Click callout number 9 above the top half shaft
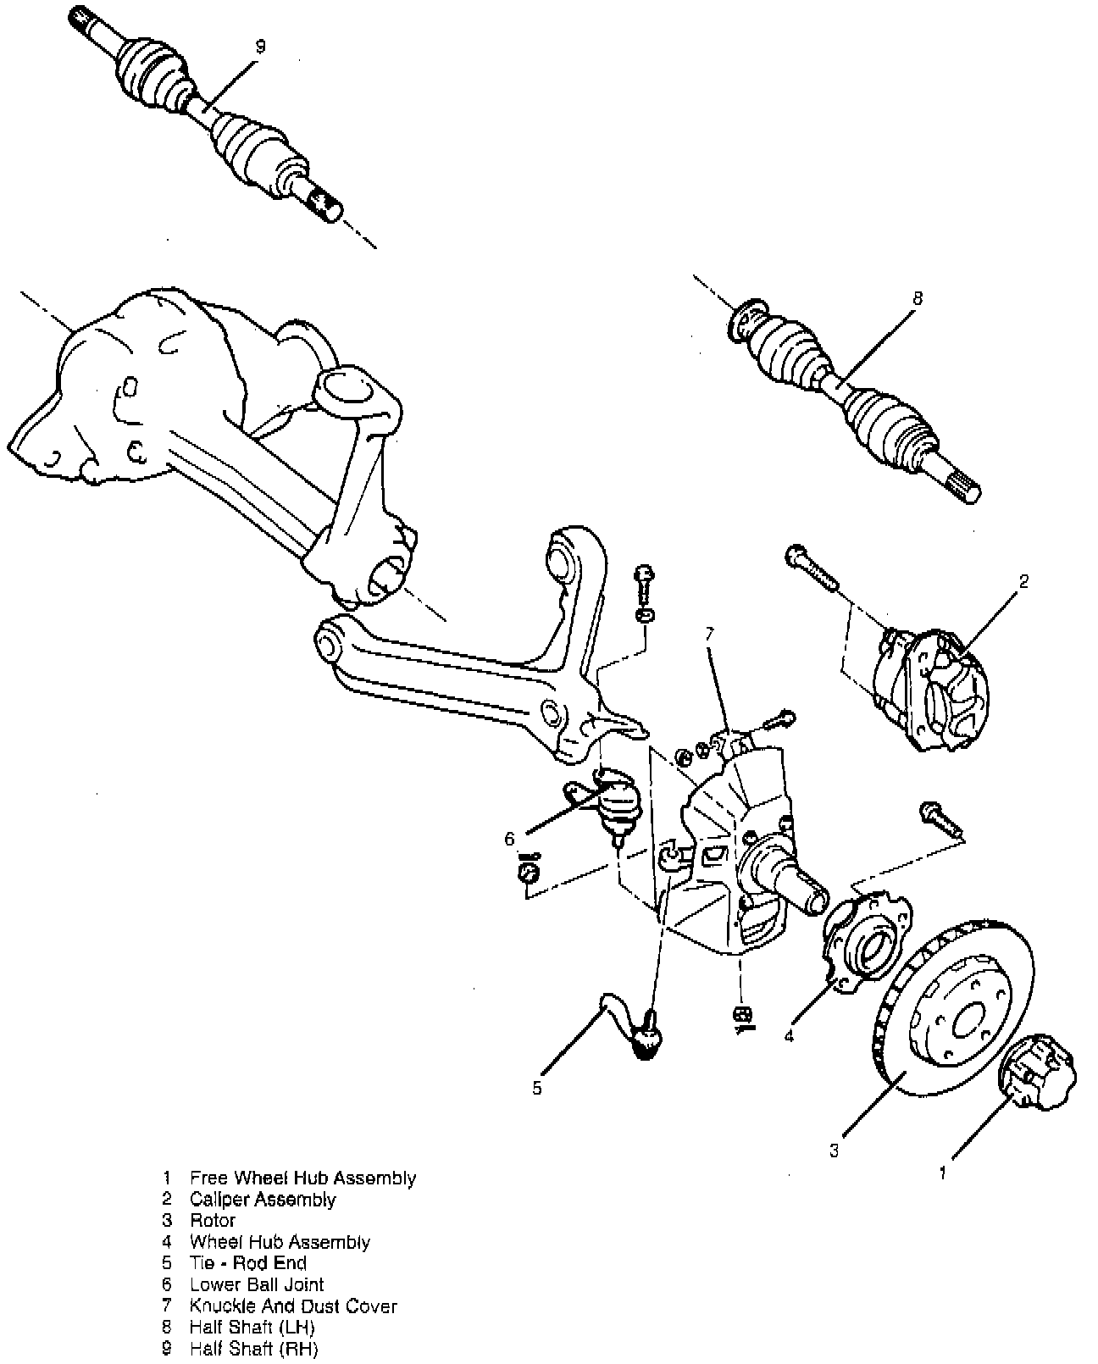pyautogui.click(x=260, y=47)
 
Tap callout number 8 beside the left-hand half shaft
pyautogui.click(x=918, y=298)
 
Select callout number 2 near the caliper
pyautogui.click(x=1023, y=580)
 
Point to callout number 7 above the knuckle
pyautogui.click(x=709, y=634)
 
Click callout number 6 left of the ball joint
pyautogui.click(x=510, y=840)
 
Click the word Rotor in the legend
pyautogui.click(x=213, y=1220)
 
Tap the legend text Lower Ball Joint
pyautogui.click(x=257, y=1284)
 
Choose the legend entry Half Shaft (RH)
pyautogui.click(x=253, y=1348)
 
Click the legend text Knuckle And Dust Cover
pyautogui.click(x=293, y=1306)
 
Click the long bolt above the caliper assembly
pyautogui.click(x=812, y=566)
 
